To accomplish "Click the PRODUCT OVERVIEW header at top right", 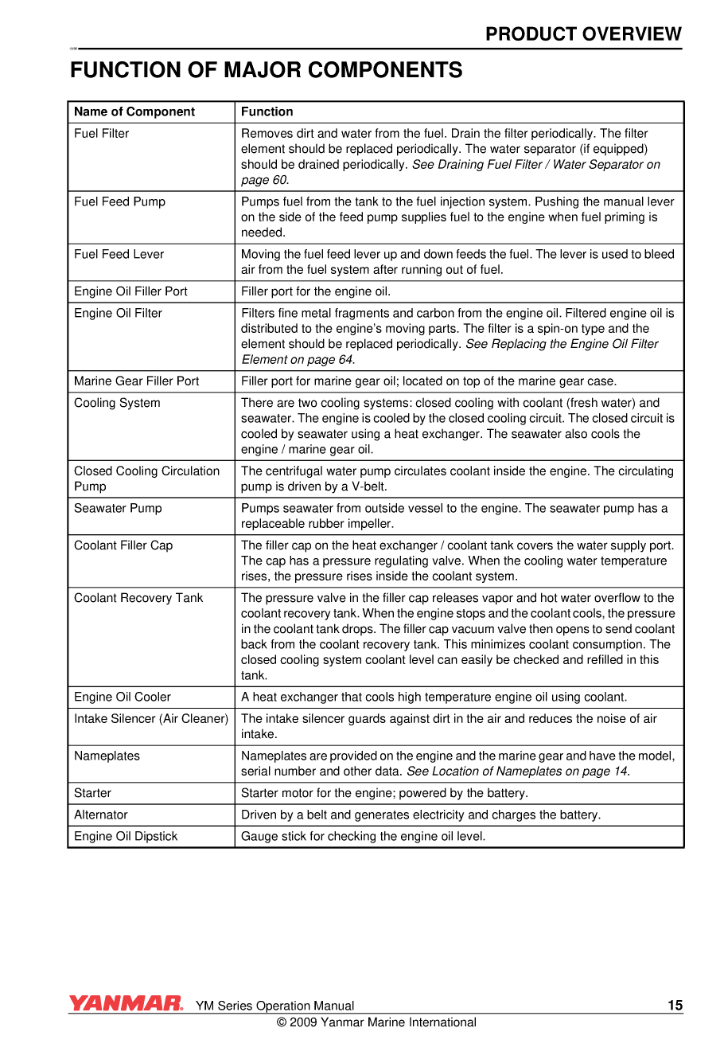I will point(583,34).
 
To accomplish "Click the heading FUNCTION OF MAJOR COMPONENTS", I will point(266,70).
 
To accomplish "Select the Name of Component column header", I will point(134,111).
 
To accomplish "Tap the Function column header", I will point(267,111).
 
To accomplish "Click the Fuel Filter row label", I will point(101,134).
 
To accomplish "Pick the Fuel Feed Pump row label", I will point(119,202).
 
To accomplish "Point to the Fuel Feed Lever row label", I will point(119,255).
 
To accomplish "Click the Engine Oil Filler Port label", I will point(130,291).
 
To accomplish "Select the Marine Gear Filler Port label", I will point(136,381).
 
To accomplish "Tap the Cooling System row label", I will point(117,403).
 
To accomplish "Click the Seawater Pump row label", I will point(118,508).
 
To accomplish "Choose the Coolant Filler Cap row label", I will point(123,545).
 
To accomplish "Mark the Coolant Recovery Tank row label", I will point(138,598).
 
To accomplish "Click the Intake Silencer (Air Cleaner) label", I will point(150,719).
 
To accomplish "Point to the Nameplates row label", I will point(107,756).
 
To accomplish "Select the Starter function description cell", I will point(384,793).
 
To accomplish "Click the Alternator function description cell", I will point(421,815).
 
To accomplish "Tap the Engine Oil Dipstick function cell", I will point(363,836).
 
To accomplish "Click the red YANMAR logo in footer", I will point(126,1003).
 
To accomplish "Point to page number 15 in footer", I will point(675,1005).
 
